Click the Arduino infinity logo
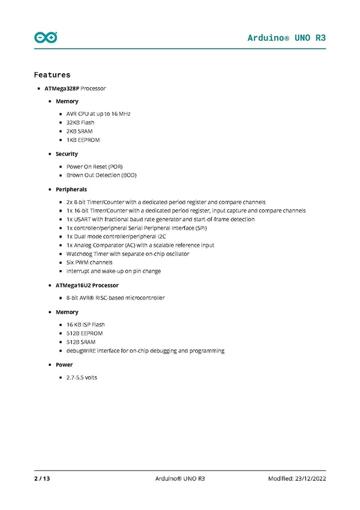tap(46, 37)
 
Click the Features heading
tap(52, 75)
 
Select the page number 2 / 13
tap(42, 479)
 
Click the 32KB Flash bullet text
tap(81, 123)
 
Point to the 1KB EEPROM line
tap(83, 140)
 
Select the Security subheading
tap(67, 154)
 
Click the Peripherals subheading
tap(71, 189)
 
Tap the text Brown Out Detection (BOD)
tap(101, 175)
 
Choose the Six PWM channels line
tap(90, 263)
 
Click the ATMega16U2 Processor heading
tap(87, 285)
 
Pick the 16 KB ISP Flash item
tap(86, 324)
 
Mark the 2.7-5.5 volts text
tap(82, 377)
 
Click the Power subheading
tap(64, 365)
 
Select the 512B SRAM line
tap(81, 342)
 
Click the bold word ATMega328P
tap(62, 88)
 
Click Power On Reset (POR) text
tap(95, 167)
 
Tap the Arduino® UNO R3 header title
tap(286, 37)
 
